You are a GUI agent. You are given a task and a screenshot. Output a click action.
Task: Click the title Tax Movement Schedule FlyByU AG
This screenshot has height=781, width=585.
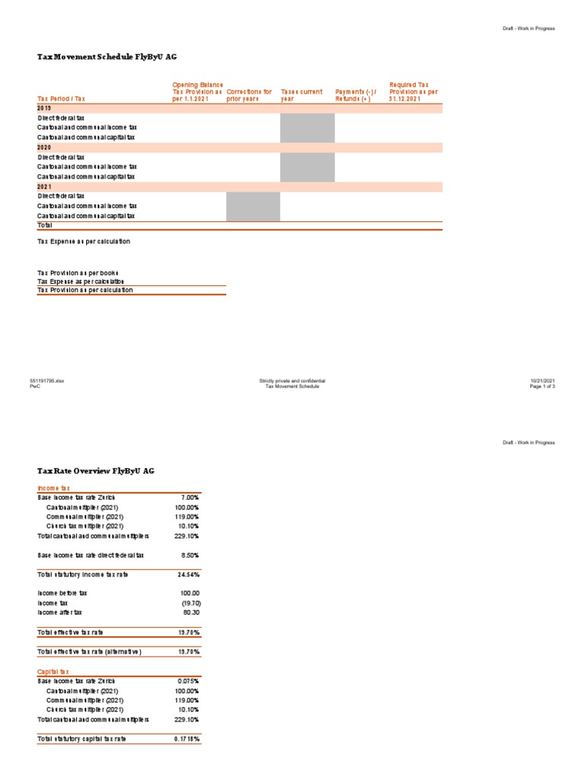[107, 57]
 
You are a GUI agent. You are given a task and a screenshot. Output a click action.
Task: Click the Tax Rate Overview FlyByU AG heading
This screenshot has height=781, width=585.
[96, 471]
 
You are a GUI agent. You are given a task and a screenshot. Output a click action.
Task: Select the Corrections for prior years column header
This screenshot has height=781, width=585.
[249, 95]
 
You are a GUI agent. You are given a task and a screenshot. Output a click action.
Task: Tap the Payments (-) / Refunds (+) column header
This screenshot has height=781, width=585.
[356, 95]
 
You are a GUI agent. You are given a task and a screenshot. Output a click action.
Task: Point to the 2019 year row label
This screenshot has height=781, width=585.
[44, 109]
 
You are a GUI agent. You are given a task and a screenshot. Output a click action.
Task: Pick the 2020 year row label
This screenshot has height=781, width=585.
[44, 147]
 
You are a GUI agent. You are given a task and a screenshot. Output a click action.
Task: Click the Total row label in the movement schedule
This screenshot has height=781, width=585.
[46, 226]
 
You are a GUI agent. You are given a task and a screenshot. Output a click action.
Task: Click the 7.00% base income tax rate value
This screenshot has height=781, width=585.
[190, 497]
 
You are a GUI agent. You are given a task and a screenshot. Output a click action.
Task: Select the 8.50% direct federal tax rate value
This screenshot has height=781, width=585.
[190, 555]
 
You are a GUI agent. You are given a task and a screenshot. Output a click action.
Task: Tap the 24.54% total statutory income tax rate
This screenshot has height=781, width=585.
[190, 574]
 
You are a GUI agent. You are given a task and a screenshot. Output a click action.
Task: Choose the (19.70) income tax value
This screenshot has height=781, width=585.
[190, 603]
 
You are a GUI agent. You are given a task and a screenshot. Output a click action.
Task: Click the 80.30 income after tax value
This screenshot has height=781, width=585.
[190, 612]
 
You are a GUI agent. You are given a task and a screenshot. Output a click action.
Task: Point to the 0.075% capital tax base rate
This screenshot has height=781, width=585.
[189, 680]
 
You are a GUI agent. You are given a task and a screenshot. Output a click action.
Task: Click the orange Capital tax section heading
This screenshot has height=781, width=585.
[53, 671]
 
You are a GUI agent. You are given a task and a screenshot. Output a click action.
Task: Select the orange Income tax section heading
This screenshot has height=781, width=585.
[53, 487]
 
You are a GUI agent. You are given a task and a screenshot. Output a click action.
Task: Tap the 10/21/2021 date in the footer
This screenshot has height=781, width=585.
[543, 381]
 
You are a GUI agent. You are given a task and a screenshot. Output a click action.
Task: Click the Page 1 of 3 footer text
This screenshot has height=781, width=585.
[543, 387]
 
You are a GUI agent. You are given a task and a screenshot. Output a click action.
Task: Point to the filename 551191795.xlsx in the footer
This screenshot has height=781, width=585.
[47, 381]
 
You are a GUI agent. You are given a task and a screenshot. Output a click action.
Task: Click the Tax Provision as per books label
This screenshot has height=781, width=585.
[78, 272]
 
